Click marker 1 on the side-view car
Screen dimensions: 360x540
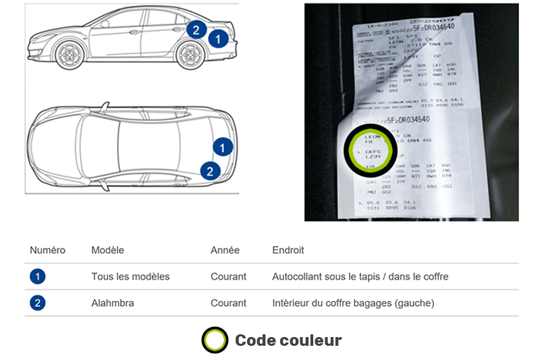click(217, 39)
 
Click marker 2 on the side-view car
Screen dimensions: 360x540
click(196, 29)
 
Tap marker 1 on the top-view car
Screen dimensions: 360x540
click(222, 147)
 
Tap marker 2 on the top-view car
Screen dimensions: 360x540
click(210, 171)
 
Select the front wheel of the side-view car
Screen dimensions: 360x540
click(68, 52)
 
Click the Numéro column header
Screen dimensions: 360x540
click(47, 250)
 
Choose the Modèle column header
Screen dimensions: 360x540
click(107, 250)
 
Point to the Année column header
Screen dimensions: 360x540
click(225, 250)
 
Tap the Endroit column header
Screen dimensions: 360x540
click(288, 250)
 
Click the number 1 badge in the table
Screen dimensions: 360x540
click(38, 276)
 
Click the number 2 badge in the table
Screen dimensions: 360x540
click(38, 303)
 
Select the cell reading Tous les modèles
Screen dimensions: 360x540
click(130, 276)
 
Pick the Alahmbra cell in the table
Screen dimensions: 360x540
click(112, 303)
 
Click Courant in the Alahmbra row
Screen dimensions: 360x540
click(228, 303)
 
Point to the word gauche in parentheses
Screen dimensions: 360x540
click(414, 303)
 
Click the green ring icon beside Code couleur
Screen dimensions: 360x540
click(215, 340)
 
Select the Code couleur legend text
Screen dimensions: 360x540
click(288, 340)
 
